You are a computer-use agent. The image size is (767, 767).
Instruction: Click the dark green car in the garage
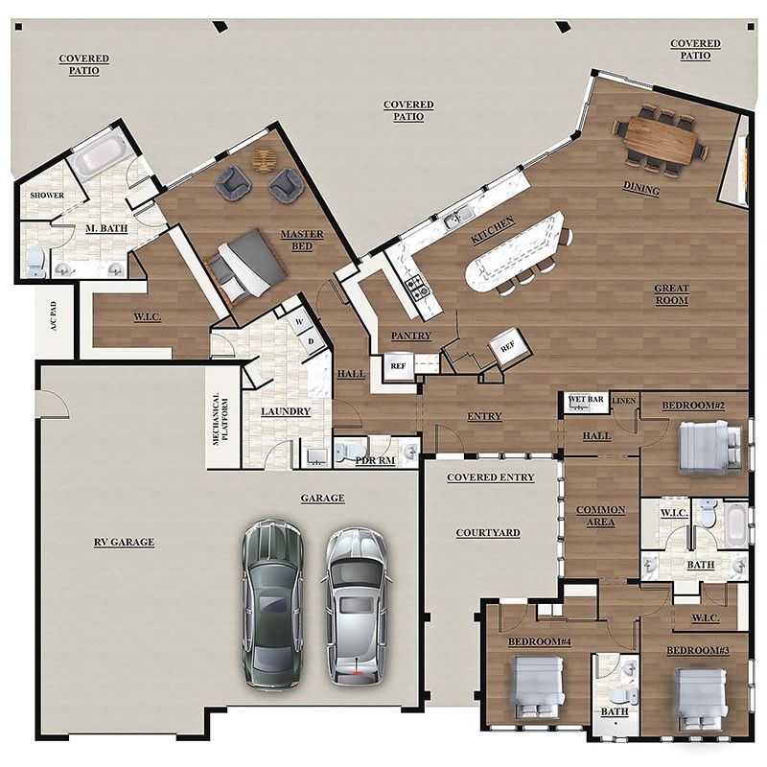(x=272, y=604)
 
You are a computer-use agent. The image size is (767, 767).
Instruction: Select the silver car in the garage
(x=356, y=604)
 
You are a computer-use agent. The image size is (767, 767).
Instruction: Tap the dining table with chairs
(x=660, y=141)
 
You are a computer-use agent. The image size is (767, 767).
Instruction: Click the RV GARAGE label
(x=124, y=542)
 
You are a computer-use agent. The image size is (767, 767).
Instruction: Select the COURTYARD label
(x=488, y=532)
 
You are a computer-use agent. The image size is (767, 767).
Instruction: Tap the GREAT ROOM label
(x=672, y=293)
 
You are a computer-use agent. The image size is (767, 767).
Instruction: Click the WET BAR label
(x=585, y=398)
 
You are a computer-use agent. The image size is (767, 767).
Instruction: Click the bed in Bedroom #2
(x=708, y=448)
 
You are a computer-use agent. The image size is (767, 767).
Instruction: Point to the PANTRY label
(x=410, y=336)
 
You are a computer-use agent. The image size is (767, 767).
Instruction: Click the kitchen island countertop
(x=513, y=251)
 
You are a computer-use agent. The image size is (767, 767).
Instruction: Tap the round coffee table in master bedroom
(x=263, y=160)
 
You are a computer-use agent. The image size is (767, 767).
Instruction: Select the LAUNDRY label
(x=286, y=411)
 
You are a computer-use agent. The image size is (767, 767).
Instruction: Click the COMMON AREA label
(x=600, y=516)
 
